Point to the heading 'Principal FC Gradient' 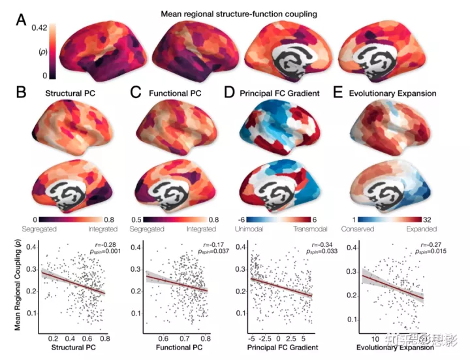coord(290,93)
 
